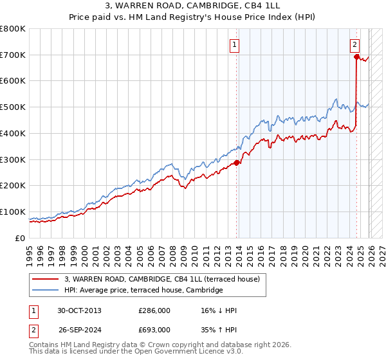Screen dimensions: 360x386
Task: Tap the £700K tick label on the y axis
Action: click(12, 55)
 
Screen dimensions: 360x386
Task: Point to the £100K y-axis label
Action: click(12, 212)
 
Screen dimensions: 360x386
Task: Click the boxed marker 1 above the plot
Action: click(234, 45)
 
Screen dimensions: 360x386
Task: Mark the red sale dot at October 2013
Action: click(236, 163)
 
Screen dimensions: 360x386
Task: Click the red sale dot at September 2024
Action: click(356, 57)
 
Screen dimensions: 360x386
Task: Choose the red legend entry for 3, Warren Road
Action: click(161, 279)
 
